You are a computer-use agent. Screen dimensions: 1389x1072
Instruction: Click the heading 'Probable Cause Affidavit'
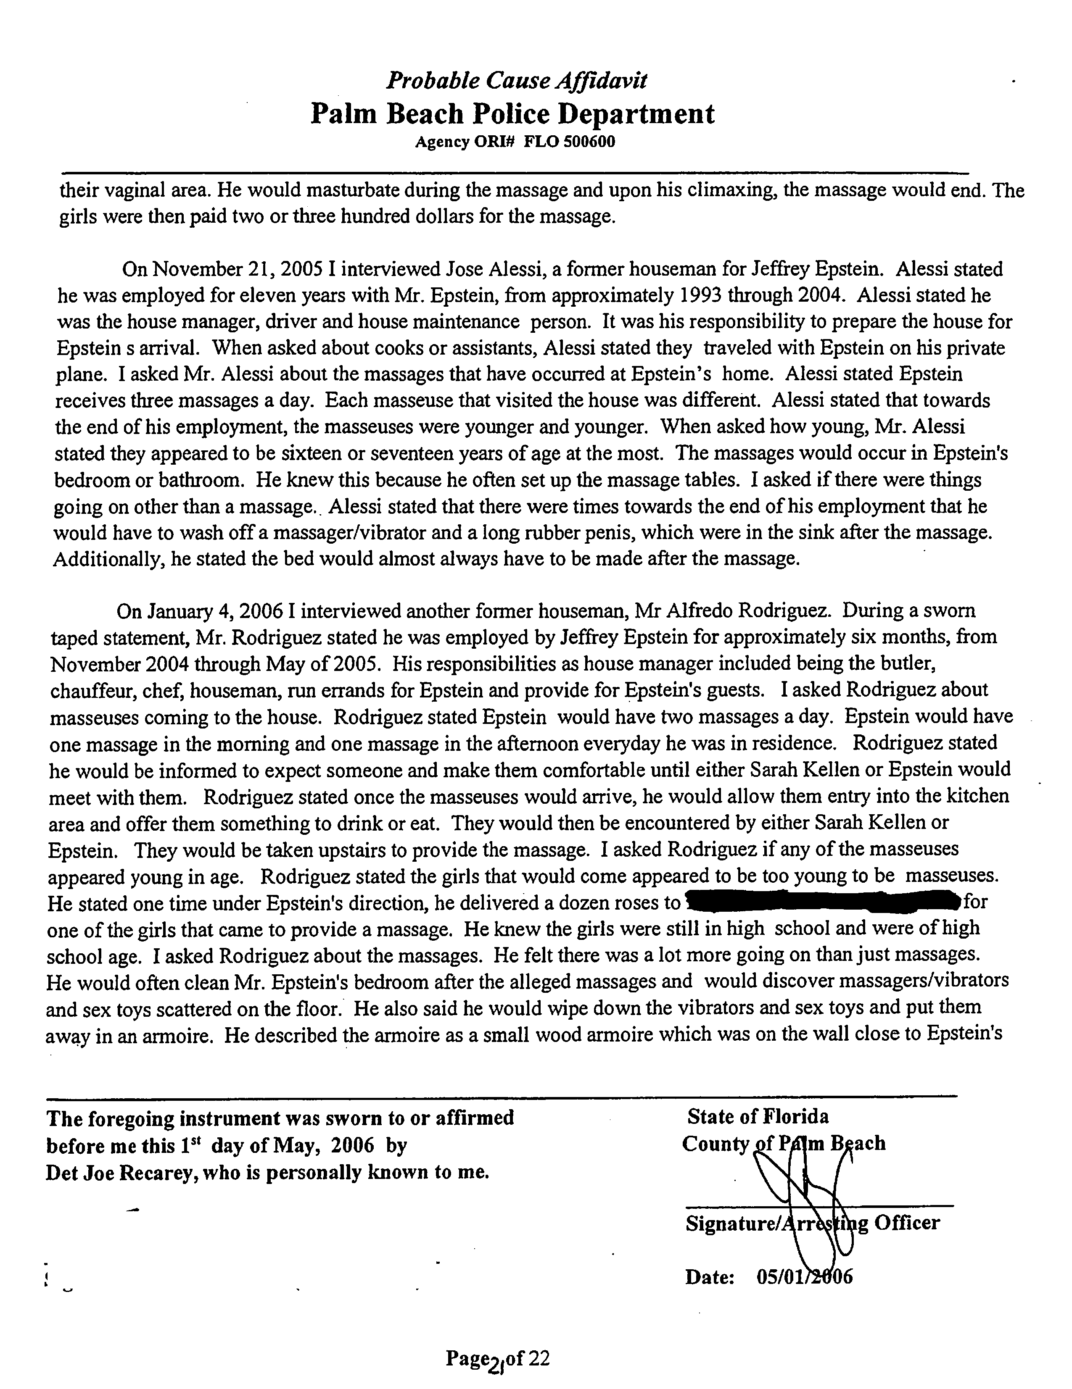click(x=517, y=80)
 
